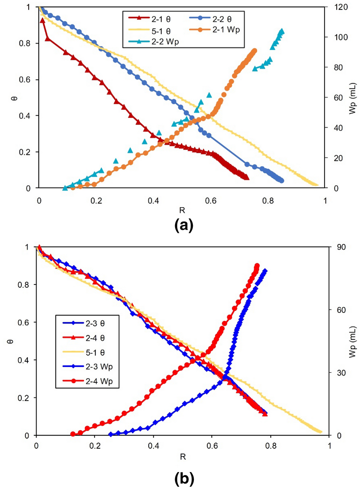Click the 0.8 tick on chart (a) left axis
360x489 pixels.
pyautogui.click(x=24, y=43)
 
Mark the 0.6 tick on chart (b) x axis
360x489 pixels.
pyautogui.click(x=212, y=446)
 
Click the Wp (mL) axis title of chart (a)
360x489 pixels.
pyautogui.click(x=352, y=98)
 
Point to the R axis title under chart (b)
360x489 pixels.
pyautogui.click(x=183, y=457)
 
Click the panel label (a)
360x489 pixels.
pyautogui.click(x=183, y=225)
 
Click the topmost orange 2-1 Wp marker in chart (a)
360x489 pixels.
pyautogui.click(x=255, y=51)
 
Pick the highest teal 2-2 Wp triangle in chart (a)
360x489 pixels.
pyautogui.click(x=282, y=31)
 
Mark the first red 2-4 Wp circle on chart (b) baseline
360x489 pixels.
pyautogui.click(x=73, y=434)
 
